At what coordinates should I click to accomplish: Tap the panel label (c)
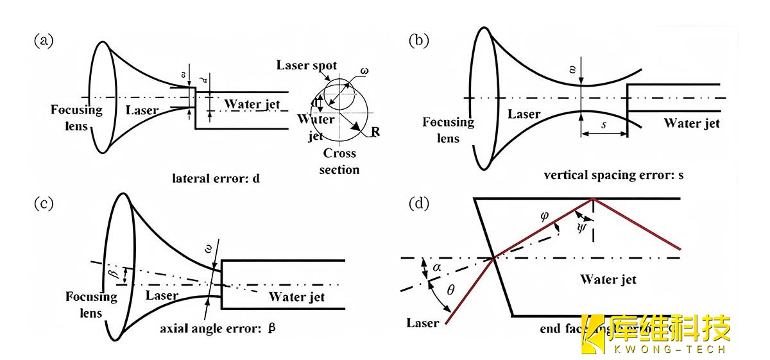pyautogui.click(x=44, y=203)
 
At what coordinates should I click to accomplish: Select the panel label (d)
pyautogui.click(x=419, y=203)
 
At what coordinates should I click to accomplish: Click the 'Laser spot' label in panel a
pyautogui.click(x=307, y=65)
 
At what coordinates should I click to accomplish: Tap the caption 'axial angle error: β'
pyautogui.click(x=218, y=328)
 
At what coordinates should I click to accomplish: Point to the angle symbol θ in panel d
pyautogui.click(x=450, y=291)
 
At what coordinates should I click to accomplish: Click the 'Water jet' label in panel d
pyautogui.click(x=608, y=279)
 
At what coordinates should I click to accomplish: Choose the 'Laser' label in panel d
pyautogui.click(x=423, y=323)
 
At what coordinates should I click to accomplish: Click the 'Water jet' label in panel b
pyautogui.click(x=691, y=123)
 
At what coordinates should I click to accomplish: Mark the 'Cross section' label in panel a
pyautogui.click(x=339, y=162)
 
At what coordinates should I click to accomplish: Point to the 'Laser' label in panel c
pyautogui.click(x=162, y=296)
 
